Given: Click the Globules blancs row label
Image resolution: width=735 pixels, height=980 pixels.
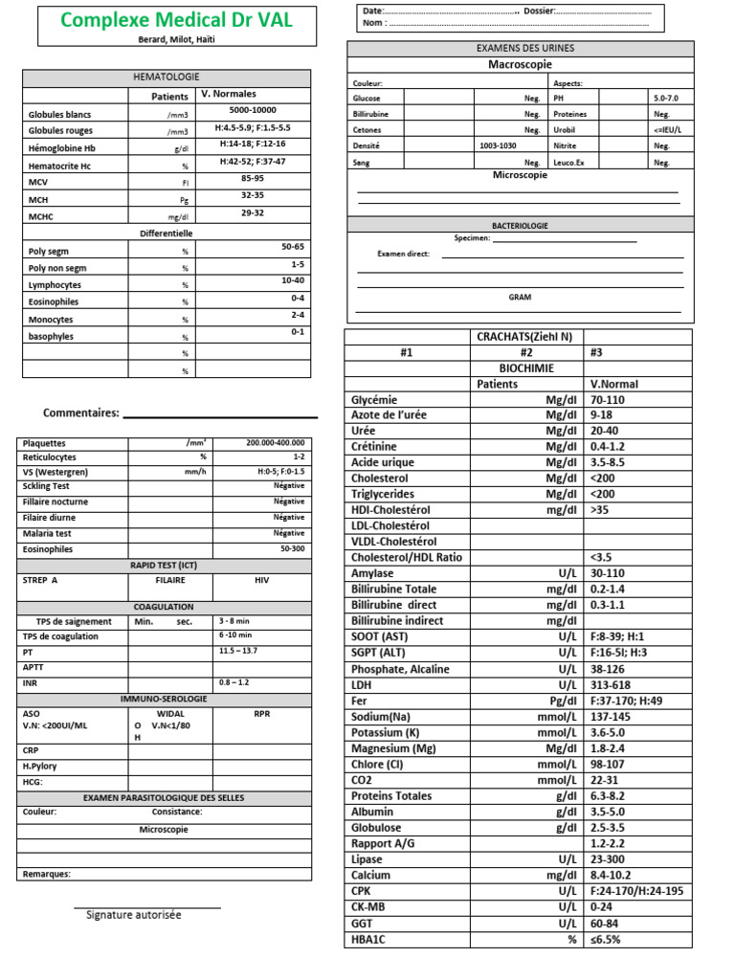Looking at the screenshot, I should [59, 114].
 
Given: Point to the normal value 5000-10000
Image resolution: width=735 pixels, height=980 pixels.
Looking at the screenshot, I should [253, 111].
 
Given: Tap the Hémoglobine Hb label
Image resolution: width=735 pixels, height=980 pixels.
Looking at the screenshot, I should [62, 148].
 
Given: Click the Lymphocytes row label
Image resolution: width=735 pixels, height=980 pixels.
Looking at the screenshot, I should [55, 285].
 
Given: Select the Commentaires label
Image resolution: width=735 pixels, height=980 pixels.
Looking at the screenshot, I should [81, 412].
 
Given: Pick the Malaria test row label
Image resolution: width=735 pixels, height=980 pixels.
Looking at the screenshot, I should [47, 533].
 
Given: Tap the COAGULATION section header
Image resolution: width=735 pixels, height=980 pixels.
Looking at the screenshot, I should [165, 607].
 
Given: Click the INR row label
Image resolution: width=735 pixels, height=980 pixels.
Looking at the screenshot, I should [30, 683].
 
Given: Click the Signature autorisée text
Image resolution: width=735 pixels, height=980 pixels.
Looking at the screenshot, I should [133, 915].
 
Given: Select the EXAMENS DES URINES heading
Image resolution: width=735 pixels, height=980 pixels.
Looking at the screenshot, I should [520, 48].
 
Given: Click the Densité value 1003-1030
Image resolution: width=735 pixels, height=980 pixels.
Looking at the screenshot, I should [498, 145].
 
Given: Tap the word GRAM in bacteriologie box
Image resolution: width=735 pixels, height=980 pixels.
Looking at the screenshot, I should [520, 298].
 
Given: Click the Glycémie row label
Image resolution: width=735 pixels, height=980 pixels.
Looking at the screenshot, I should [374, 400].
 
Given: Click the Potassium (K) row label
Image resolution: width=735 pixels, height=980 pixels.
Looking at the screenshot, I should [386, 733].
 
